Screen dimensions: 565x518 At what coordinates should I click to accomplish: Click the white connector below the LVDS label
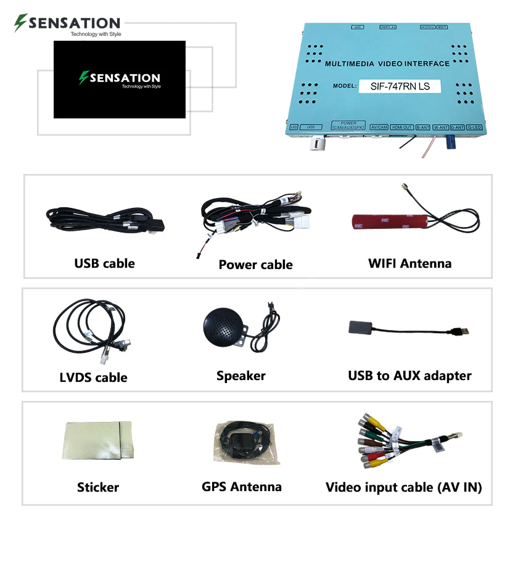pos(315,144)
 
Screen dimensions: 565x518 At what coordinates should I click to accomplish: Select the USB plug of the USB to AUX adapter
pos(461,331)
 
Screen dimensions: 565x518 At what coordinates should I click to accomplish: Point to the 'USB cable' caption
pos(104,263)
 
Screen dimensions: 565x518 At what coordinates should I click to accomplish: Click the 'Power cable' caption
pos(255,265)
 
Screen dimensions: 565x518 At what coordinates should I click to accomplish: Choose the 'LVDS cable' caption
pos(94,377)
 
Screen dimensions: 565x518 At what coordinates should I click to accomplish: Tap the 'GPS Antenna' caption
pos(242,486)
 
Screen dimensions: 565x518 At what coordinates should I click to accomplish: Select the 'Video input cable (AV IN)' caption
pos(403,487)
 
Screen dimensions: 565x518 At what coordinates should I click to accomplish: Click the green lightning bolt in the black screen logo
pos(83,78)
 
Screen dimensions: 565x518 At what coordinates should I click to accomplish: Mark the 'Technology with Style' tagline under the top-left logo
pos(96,35)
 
